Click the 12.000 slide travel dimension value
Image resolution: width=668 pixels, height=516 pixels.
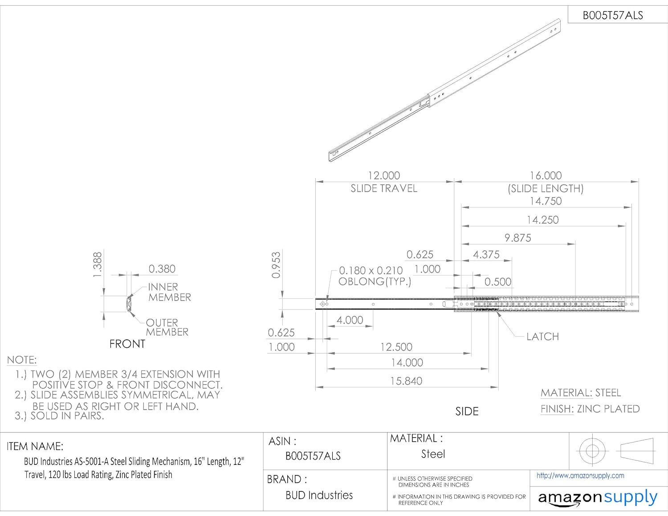point(384,175)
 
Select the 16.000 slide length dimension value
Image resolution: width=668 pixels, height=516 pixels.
point(546,175)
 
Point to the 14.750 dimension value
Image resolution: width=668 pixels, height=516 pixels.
point(546,201)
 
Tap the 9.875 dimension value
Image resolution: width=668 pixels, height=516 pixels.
point(517,238)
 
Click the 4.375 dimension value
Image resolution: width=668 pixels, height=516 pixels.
point(486,255)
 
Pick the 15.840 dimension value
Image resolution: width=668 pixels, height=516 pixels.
point(406,381)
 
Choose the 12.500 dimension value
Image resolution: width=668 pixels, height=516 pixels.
point(396,347)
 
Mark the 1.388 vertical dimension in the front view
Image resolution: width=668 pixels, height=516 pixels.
point(98,264)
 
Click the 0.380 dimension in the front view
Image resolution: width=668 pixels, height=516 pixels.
point(162,269)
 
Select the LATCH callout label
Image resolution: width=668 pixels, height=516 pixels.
point(542,337)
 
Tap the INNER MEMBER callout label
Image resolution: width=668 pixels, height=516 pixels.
point(169,292)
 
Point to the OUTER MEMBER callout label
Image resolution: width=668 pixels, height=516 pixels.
point(167,327)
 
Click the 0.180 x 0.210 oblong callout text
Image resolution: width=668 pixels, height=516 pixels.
point(371,276)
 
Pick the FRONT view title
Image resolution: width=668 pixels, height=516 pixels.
point(127,344)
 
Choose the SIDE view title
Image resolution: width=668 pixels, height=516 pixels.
point(467,411)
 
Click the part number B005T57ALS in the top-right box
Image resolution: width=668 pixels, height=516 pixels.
point(613,16)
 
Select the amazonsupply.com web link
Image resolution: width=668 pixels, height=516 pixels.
point(580,475)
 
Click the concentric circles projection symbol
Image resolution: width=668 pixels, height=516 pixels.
point(592,451)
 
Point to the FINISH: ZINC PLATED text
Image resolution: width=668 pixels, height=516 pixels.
point(590,409)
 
